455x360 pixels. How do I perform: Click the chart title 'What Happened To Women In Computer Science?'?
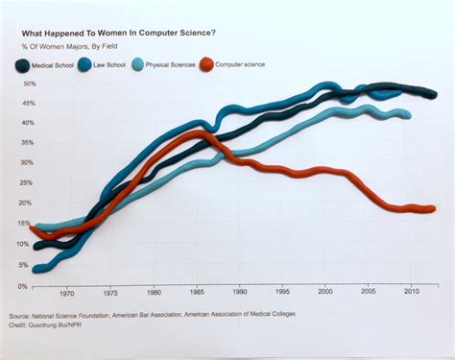(112, 34)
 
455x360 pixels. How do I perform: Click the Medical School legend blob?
(22, 65)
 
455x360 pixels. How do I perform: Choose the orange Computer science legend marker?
(205, 65)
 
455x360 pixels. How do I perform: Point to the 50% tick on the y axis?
(19, 84)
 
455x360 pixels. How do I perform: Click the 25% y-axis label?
(19, 183)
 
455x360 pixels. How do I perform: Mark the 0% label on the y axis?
(21, 285)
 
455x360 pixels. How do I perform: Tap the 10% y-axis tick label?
(19, 244)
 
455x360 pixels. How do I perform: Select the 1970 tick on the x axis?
(66, 294)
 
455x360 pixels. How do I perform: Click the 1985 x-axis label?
(196, 294)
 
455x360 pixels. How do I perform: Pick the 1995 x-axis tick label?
(282, 294)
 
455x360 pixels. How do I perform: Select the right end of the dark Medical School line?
(434, 94)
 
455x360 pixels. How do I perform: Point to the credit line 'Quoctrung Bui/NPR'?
(65, 324)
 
